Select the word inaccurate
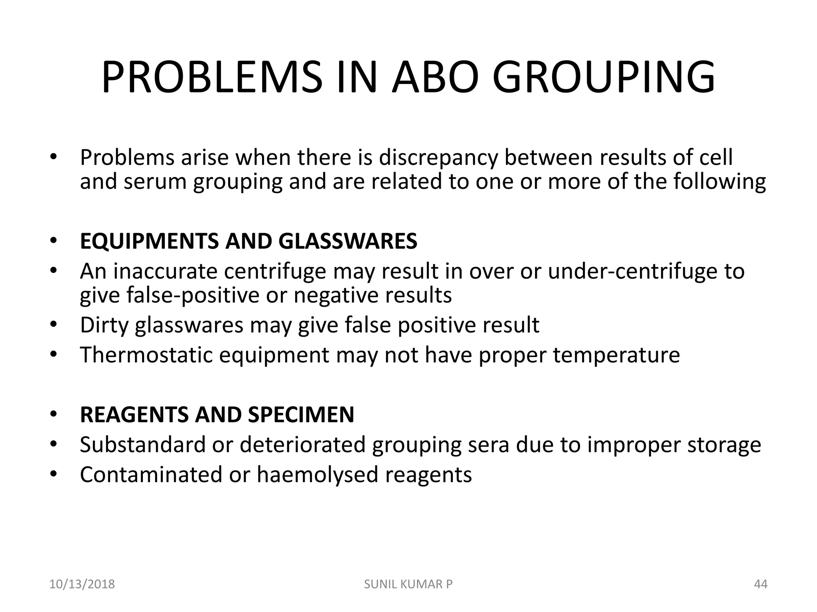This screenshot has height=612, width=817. point(165,271)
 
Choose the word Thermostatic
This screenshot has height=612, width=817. point(146,355)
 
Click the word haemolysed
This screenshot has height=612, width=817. point(317,475)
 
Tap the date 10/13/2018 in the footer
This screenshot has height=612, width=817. point(82,584)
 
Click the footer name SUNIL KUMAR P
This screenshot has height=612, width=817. point(408,584)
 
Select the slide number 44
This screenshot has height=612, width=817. point(761,584)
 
